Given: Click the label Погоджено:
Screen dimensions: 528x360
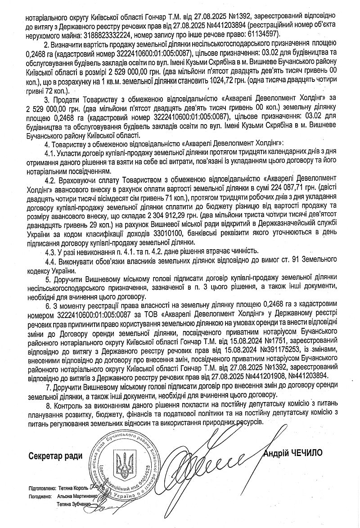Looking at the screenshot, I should pos(39,497).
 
